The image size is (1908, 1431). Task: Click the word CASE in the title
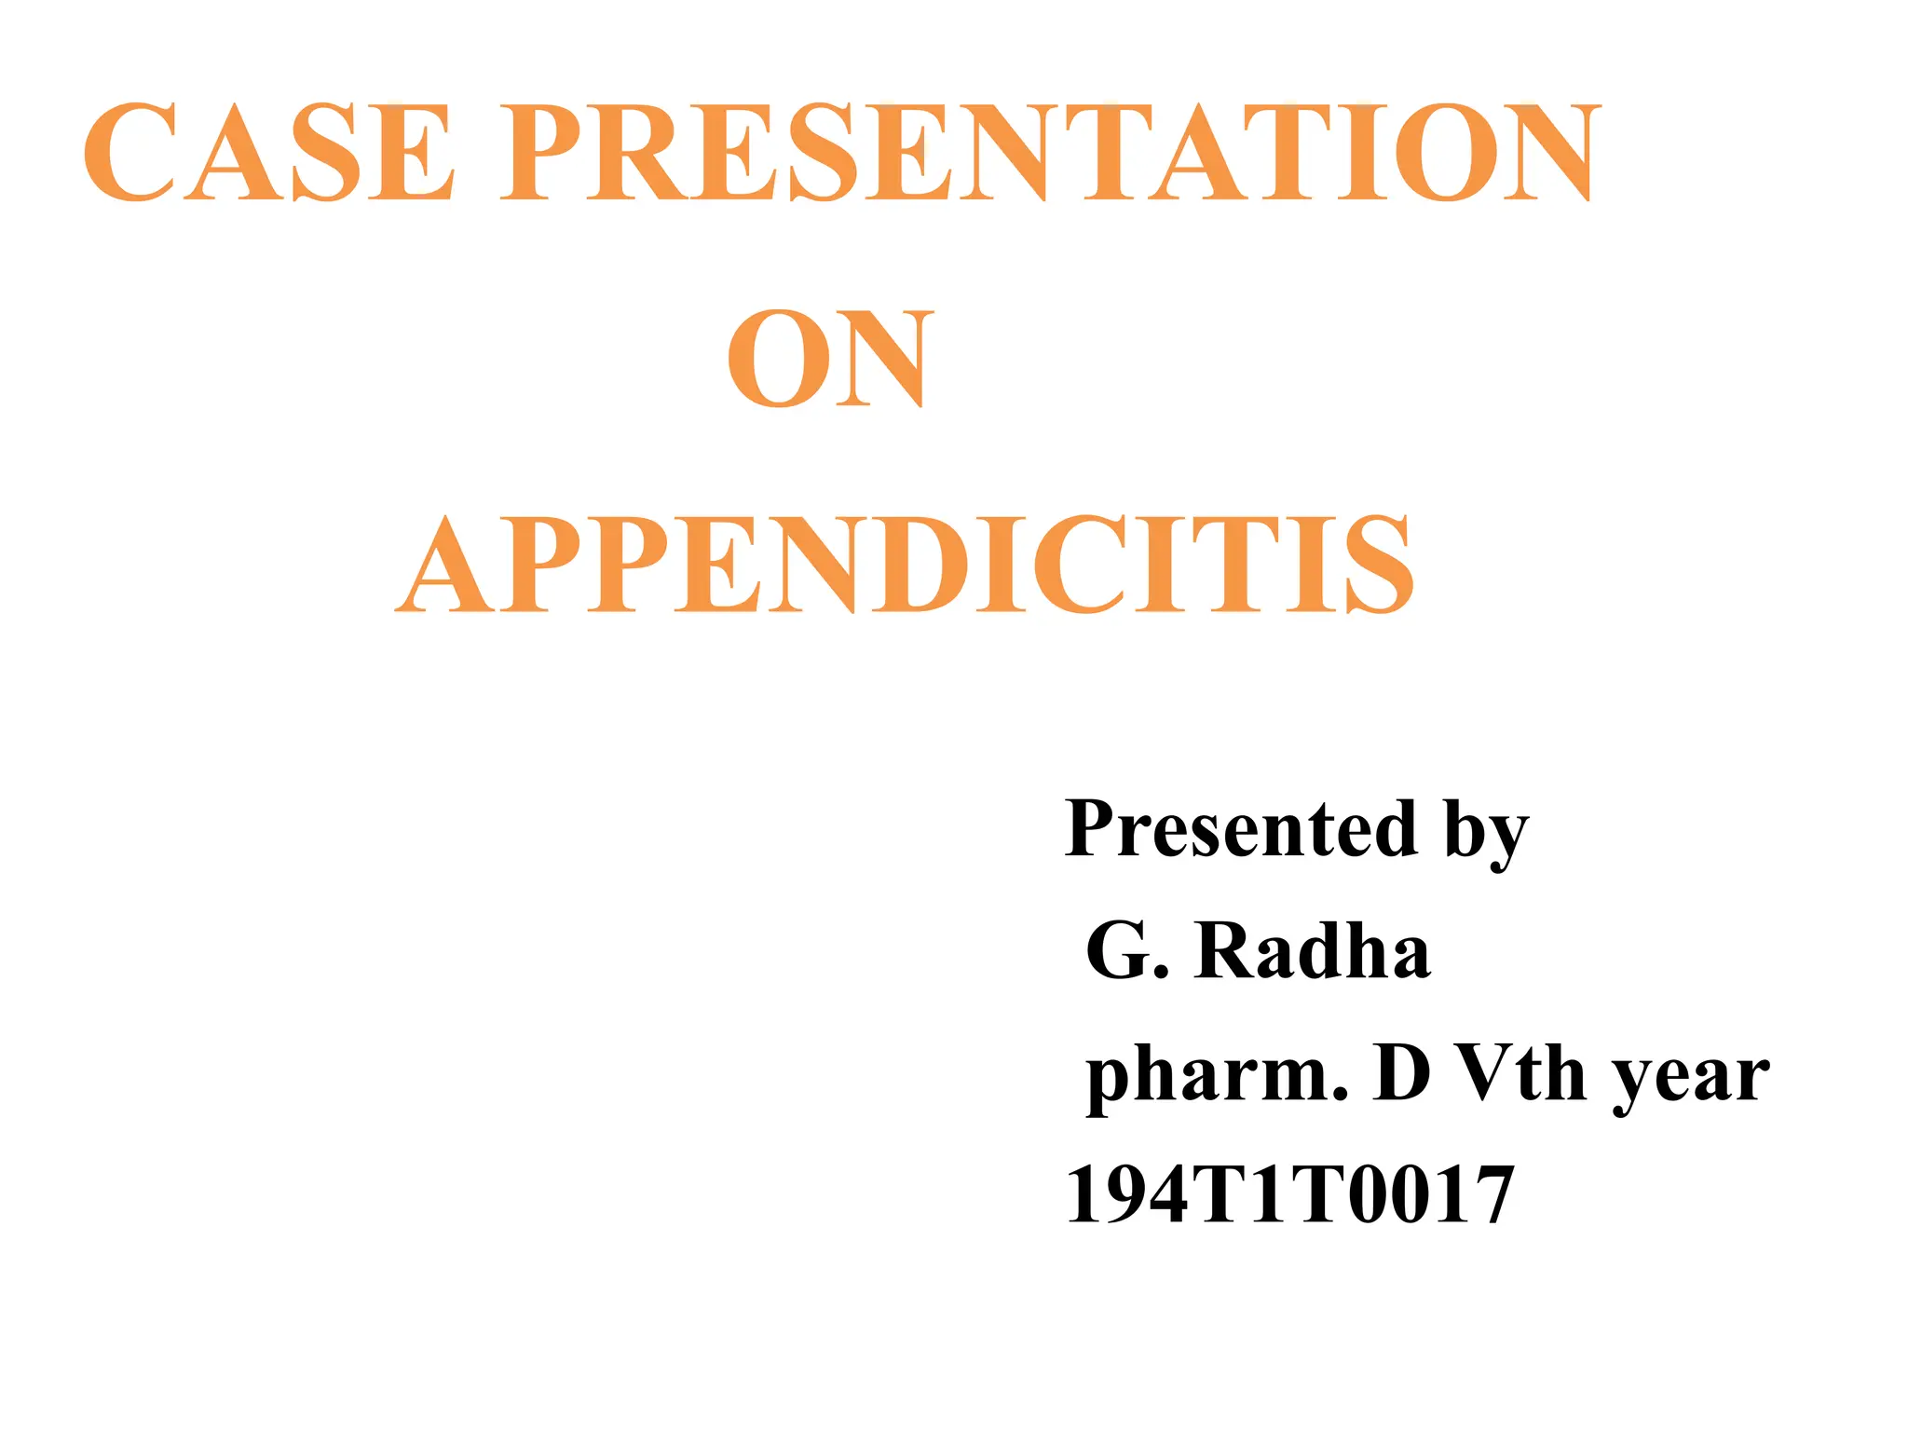[269, 153]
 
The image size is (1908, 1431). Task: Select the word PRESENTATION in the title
[1050, 153]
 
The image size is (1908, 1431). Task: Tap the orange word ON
[829, 360]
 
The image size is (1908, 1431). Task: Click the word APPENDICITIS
[906, 566]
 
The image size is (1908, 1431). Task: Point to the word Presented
[1235, 828]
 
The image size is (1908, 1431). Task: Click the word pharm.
[1216, 1076]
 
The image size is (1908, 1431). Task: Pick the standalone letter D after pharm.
[1402, 1073]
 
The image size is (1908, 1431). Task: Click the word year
[1691, 1079]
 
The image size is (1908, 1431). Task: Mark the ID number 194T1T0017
[1289, 1195]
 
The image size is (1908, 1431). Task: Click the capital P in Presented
[1097, 828]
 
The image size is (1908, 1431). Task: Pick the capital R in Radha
[1225, 951]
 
